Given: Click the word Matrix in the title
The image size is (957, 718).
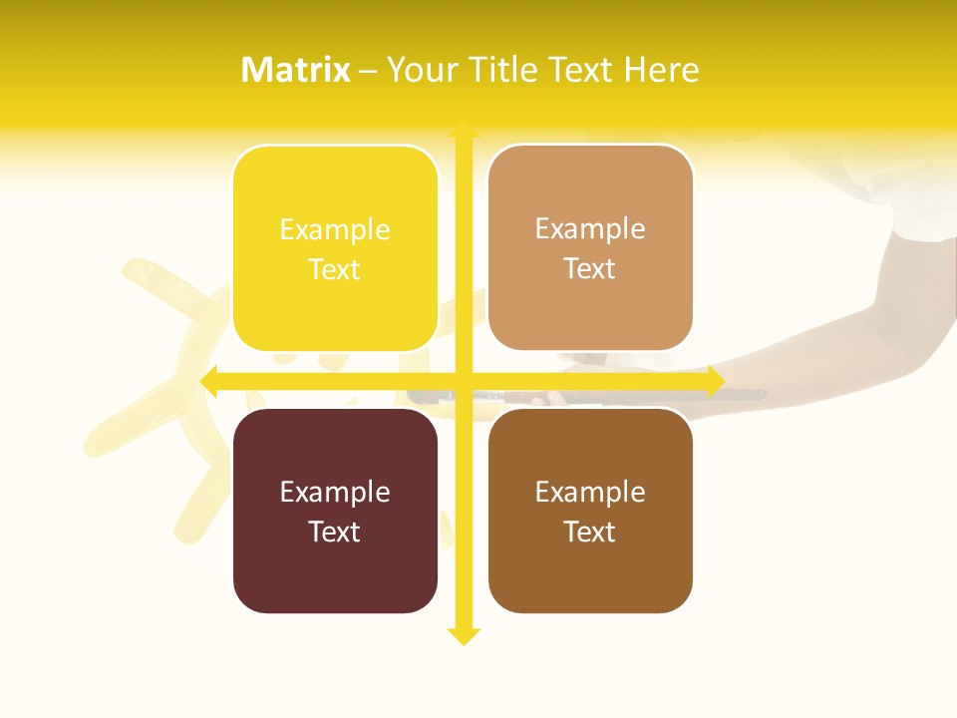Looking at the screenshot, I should coord(296,70).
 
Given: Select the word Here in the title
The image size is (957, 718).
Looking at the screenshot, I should coord(662,70).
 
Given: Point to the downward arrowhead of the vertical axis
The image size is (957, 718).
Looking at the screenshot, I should coord(464,635).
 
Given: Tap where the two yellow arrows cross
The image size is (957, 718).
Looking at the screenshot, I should coord(464,381).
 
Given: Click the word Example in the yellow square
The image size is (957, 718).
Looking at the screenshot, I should coord(335,230).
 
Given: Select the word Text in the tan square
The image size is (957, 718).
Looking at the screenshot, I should coord(590,269).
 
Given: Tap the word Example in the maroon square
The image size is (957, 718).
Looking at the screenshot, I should coord(335,493).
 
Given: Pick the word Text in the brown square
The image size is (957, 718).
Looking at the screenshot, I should coord(590,533).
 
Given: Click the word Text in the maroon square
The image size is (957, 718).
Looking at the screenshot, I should coord(335,533).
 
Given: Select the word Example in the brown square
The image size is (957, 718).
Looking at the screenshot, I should coord(590,493).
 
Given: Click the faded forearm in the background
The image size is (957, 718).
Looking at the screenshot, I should coord(847,339).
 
